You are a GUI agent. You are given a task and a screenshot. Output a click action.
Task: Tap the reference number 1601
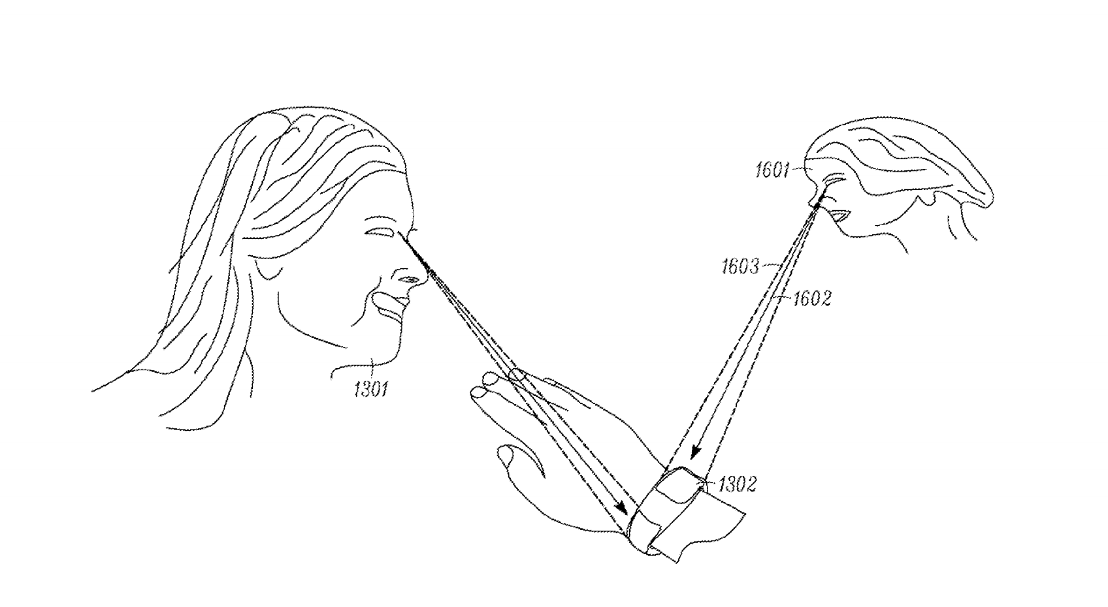(773, 170)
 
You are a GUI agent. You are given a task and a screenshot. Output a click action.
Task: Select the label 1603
(740, 266)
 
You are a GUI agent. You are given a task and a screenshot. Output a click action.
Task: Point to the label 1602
(812, 298)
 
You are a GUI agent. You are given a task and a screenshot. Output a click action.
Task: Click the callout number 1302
(738, 484)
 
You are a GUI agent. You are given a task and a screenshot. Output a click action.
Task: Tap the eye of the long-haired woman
(379, 232)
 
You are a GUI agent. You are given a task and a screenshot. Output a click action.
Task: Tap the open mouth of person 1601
(839, 215)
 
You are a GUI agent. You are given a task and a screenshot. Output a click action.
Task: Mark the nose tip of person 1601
(813, 203)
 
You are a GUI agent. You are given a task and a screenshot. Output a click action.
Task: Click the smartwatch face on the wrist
(678, 488)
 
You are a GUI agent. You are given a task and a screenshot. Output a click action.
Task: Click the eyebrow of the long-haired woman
(412, 230)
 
